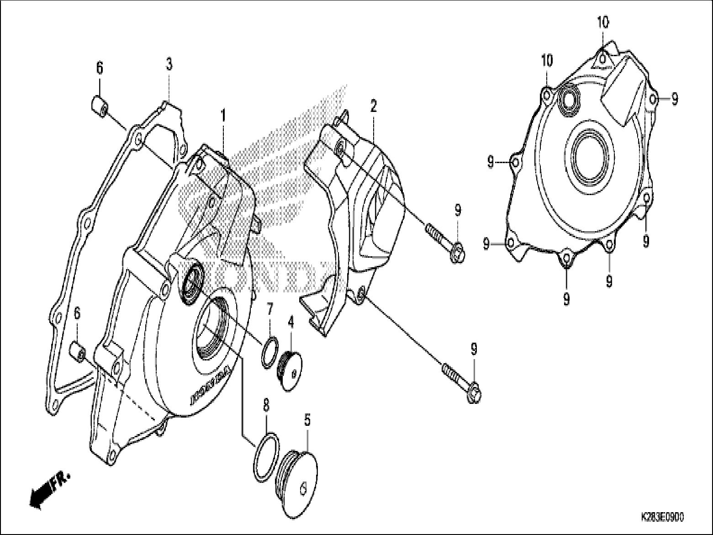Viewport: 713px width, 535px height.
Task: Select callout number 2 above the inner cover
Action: (374, 107)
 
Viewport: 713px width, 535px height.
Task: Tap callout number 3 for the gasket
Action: (169, 64)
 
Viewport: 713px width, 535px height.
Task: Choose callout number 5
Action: (307, 420)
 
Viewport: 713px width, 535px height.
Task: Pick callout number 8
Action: (266, 405)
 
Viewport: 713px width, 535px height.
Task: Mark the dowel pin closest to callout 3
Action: (99, 106)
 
